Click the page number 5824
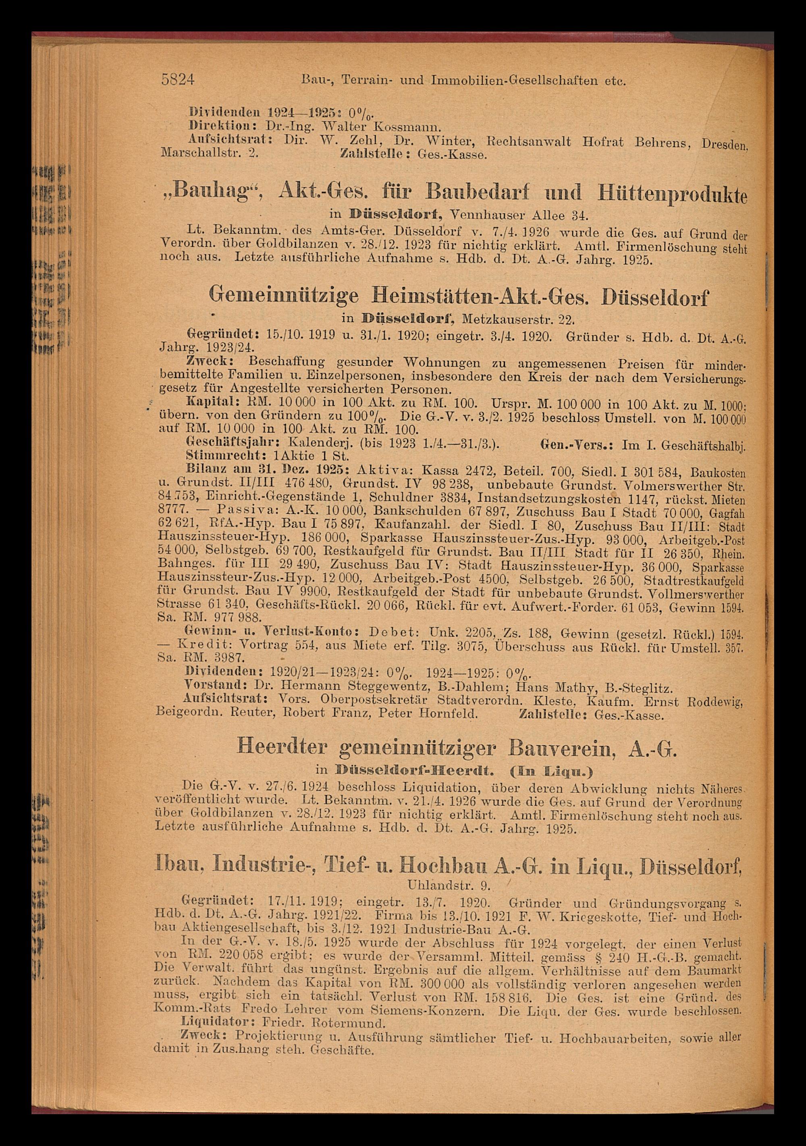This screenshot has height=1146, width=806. (x=178, y=80)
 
